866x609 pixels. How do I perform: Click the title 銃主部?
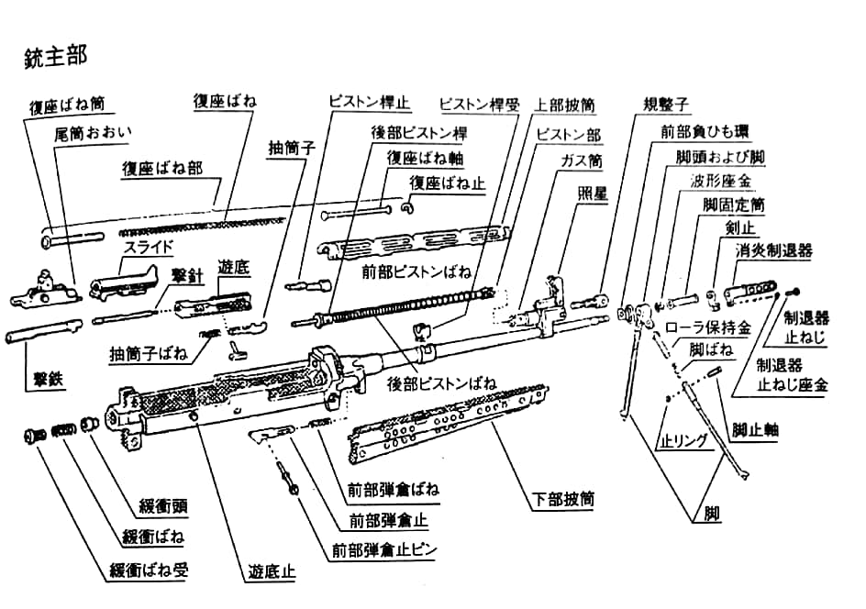point(56,56)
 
